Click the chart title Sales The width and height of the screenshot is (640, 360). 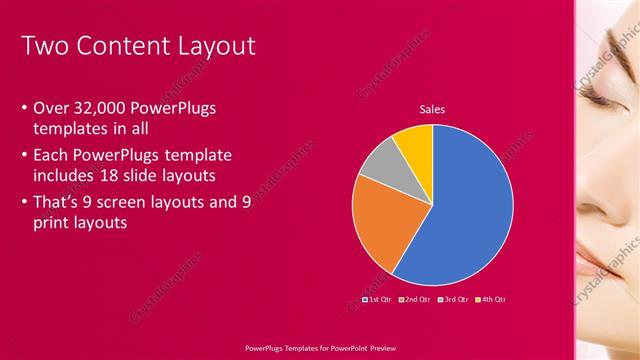coord(432,110)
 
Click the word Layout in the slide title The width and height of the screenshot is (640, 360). coord(211,46)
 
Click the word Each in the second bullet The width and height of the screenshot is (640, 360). coord(53,155)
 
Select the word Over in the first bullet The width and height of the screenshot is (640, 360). coord(51,108)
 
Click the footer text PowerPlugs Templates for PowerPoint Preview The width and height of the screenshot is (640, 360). coord(319,348)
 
